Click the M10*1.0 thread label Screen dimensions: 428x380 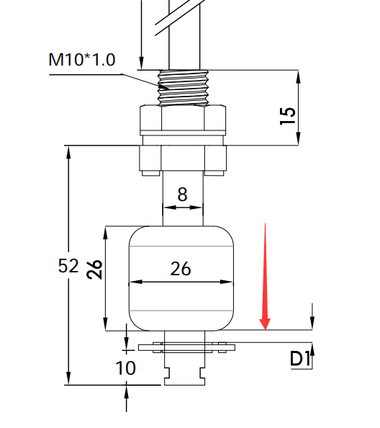coord(82,59)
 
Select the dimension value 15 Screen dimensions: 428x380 coord(287,115)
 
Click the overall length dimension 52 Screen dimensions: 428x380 coord(68,266)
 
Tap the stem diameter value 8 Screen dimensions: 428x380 coord(182,194)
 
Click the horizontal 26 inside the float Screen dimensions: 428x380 coord(181,269)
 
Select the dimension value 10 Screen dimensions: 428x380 coord(126,368)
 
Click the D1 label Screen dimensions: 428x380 coord(299,358)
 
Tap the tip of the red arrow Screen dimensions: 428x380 coord(266,329)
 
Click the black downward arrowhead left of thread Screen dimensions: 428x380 coord(142,65)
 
